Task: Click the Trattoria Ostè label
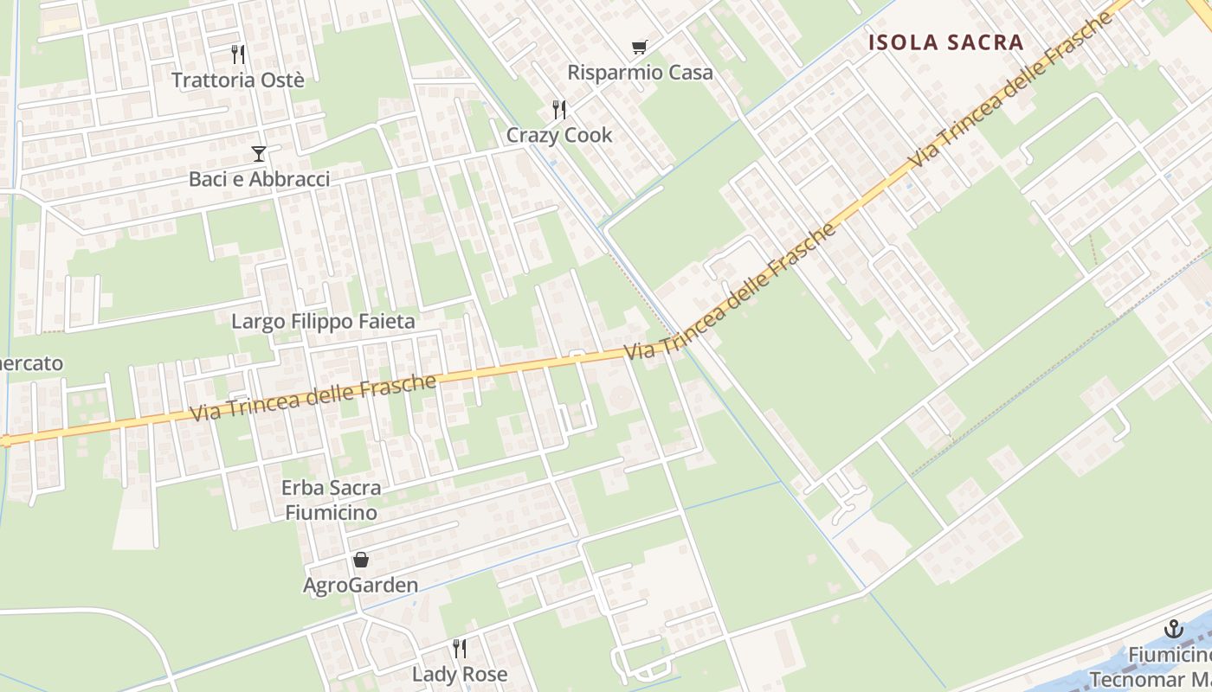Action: [238, 80]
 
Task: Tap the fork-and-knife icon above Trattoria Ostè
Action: [238, 54]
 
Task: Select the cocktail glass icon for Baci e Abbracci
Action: [258, 154]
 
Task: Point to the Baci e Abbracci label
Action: [259, 179]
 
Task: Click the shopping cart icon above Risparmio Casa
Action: [639, 47]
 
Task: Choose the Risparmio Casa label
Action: [640, 72]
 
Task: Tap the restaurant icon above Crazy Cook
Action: [559, 110]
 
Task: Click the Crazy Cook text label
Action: [559, 135]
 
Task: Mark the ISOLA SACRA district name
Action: [945, 42]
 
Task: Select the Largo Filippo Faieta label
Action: [323, 322]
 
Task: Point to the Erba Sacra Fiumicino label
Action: [331, 500]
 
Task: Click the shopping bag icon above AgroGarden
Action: [360, 560]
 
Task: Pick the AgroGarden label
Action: [360, 586]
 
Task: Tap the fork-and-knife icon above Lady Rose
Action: [460, 648]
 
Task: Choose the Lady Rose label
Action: [460, 674]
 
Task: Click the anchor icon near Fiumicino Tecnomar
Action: [1174, 629]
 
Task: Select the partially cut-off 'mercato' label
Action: [31, 363]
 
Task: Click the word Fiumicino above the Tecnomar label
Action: [1169, 655]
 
